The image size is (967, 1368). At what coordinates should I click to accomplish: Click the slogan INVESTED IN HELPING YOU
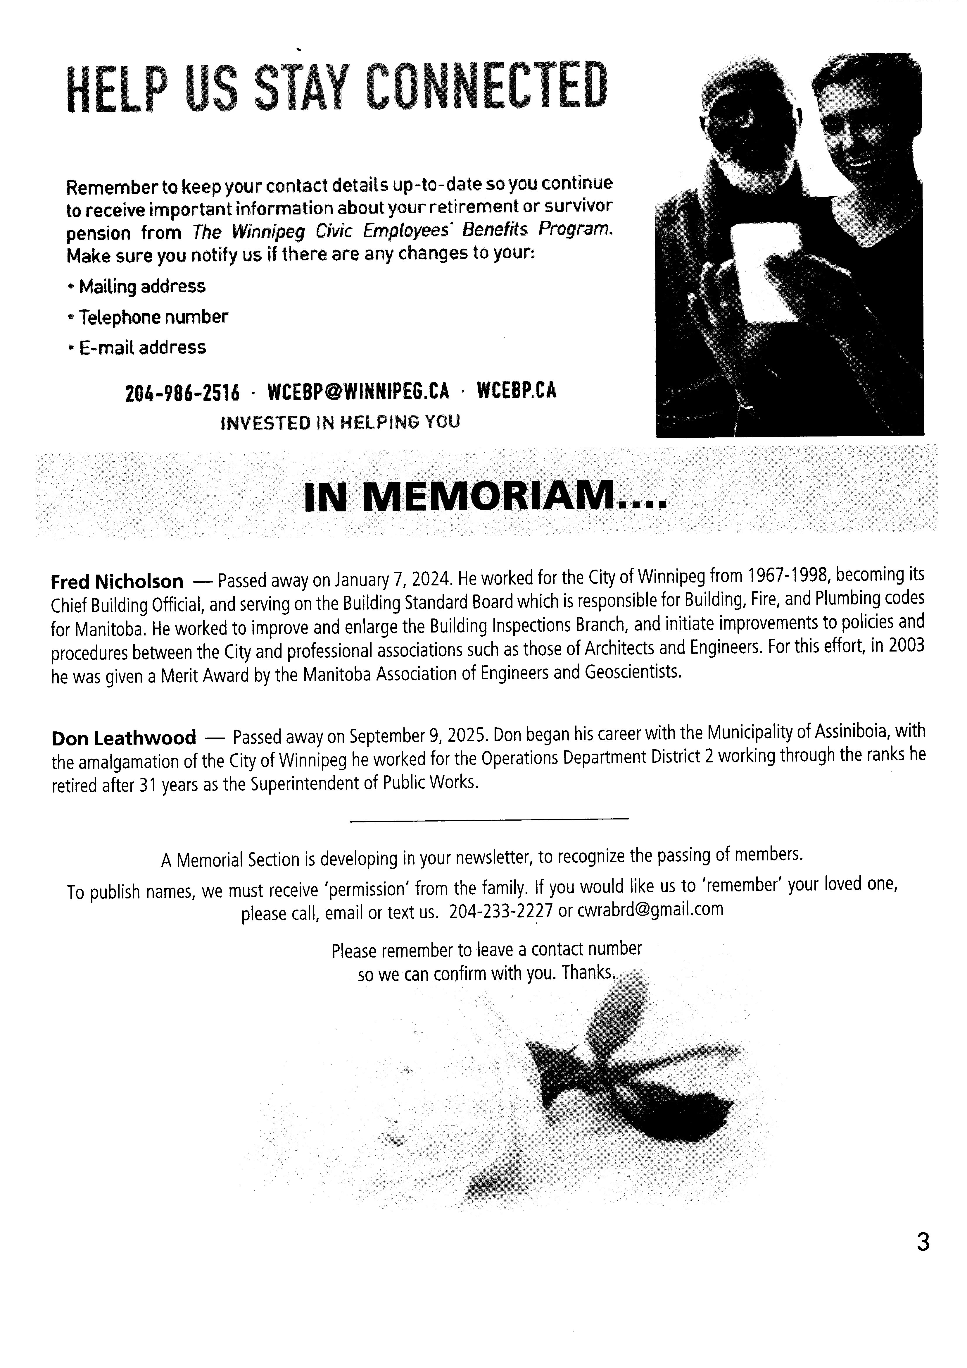click(x=340, y=422)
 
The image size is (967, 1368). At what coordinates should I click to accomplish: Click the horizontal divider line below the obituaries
click(x=489, y=820)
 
